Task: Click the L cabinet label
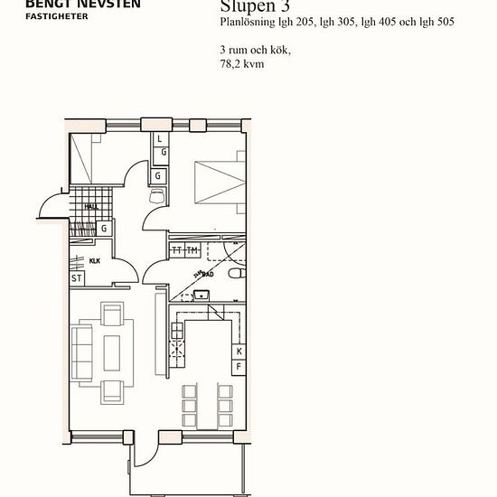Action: [159, 139]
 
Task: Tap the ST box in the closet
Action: [77, 278]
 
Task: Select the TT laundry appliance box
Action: [177, 249]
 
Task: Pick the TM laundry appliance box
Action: [192, 249]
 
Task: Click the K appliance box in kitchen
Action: [239, 352]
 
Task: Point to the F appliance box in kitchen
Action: [239, 367]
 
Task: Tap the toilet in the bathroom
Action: [237, 274]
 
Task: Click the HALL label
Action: [90, 206]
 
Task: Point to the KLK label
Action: [95, 260]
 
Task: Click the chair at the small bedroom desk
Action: [157, 196]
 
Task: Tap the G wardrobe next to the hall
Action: [105, 229]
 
